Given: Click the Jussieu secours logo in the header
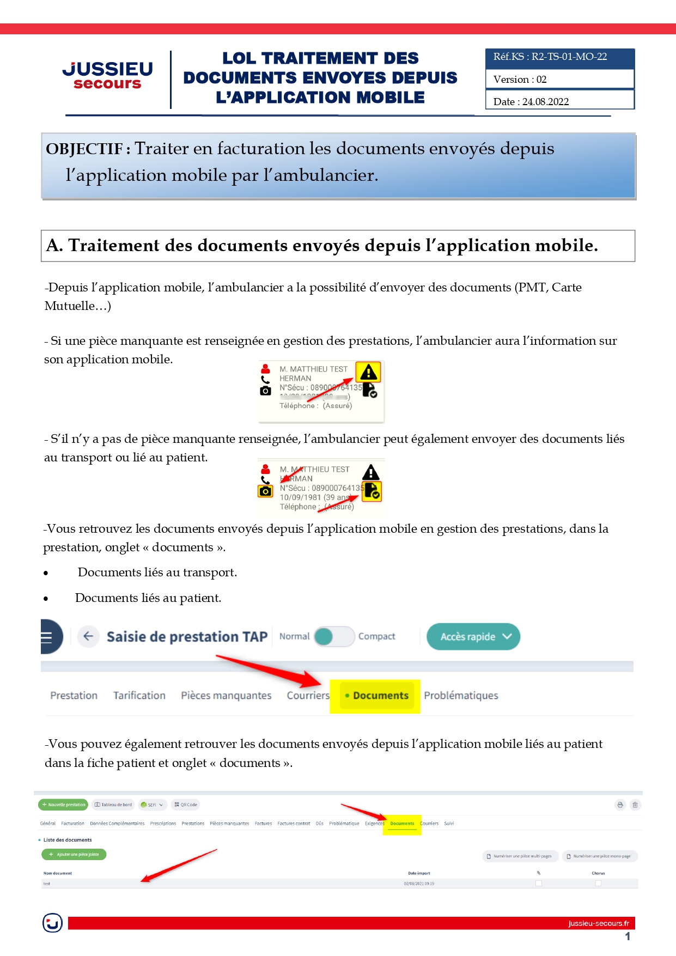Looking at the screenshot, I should click(x=107, y=75).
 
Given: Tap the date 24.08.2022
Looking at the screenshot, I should click(x=545, y=101).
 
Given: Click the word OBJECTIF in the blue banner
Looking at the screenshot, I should click(x=84, y=149).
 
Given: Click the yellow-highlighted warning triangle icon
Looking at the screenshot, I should click(x=368, y=373).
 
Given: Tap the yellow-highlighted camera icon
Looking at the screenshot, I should click(x=265, y=491).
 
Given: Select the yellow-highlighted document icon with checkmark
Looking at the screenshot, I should click(x=372, y=491).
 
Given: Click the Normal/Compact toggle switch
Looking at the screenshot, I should click(x=334, y=636).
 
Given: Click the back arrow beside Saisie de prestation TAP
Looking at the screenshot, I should click(x=88, y=636).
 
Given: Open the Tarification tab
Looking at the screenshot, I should click(x=139, y=696).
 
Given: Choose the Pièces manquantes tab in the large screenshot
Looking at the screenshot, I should click(x=226, y=696).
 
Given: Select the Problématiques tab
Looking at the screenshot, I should click(x=461, y=696).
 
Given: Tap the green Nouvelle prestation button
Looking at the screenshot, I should click(x=63, y=805).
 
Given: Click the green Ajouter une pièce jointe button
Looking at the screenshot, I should click(x=74, y=855).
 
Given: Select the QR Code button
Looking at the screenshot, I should click(x=186, y=805).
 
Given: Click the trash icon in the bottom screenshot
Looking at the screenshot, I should click(x=635, y=805).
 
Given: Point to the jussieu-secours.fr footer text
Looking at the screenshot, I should click(x=598, y=923).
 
